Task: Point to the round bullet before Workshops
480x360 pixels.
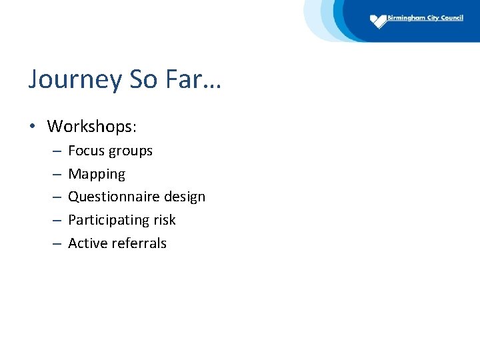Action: pos(33,126)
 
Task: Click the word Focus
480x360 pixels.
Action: pos(84,151)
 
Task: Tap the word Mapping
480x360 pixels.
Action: pos(97,175)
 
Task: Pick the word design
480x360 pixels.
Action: pos(183,197)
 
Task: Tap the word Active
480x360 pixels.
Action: pos(86,243)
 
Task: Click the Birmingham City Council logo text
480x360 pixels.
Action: pos(425,18)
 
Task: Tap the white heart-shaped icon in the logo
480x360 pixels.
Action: pos(379,21)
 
